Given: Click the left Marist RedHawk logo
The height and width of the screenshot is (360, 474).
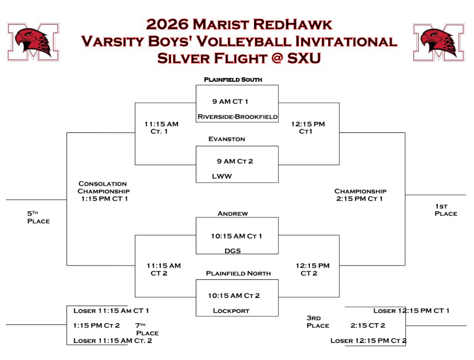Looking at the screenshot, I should coord(33,42).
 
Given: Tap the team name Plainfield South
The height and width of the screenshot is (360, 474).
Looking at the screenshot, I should coord(233,80).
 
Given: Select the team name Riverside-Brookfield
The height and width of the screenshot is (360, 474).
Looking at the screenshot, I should coord(238,117).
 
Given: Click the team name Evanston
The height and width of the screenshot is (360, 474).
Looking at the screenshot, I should coord(227,139).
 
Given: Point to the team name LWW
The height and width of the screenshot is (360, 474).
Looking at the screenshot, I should coord(223,177).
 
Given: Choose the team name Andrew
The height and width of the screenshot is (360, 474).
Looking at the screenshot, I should coord(233,213).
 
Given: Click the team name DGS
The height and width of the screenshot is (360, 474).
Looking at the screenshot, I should coord(233,251).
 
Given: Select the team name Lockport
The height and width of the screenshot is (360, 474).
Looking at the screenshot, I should coord(231,311).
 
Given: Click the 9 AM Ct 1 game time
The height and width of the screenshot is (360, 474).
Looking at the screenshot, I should coord(230,102).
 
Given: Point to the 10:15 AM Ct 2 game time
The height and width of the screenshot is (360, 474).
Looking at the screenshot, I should coord(234,296).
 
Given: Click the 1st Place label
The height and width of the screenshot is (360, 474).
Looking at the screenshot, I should coord(445,210).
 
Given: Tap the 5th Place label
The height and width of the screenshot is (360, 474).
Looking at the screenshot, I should coord(38,217).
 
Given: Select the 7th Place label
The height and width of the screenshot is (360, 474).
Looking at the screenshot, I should coord(146,329).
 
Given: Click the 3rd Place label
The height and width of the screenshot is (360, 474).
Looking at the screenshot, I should coord(318,322).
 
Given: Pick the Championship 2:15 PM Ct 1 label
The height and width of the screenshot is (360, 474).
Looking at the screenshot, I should coord(360,195).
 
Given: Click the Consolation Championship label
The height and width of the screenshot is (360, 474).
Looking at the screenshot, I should coord(103,191).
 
